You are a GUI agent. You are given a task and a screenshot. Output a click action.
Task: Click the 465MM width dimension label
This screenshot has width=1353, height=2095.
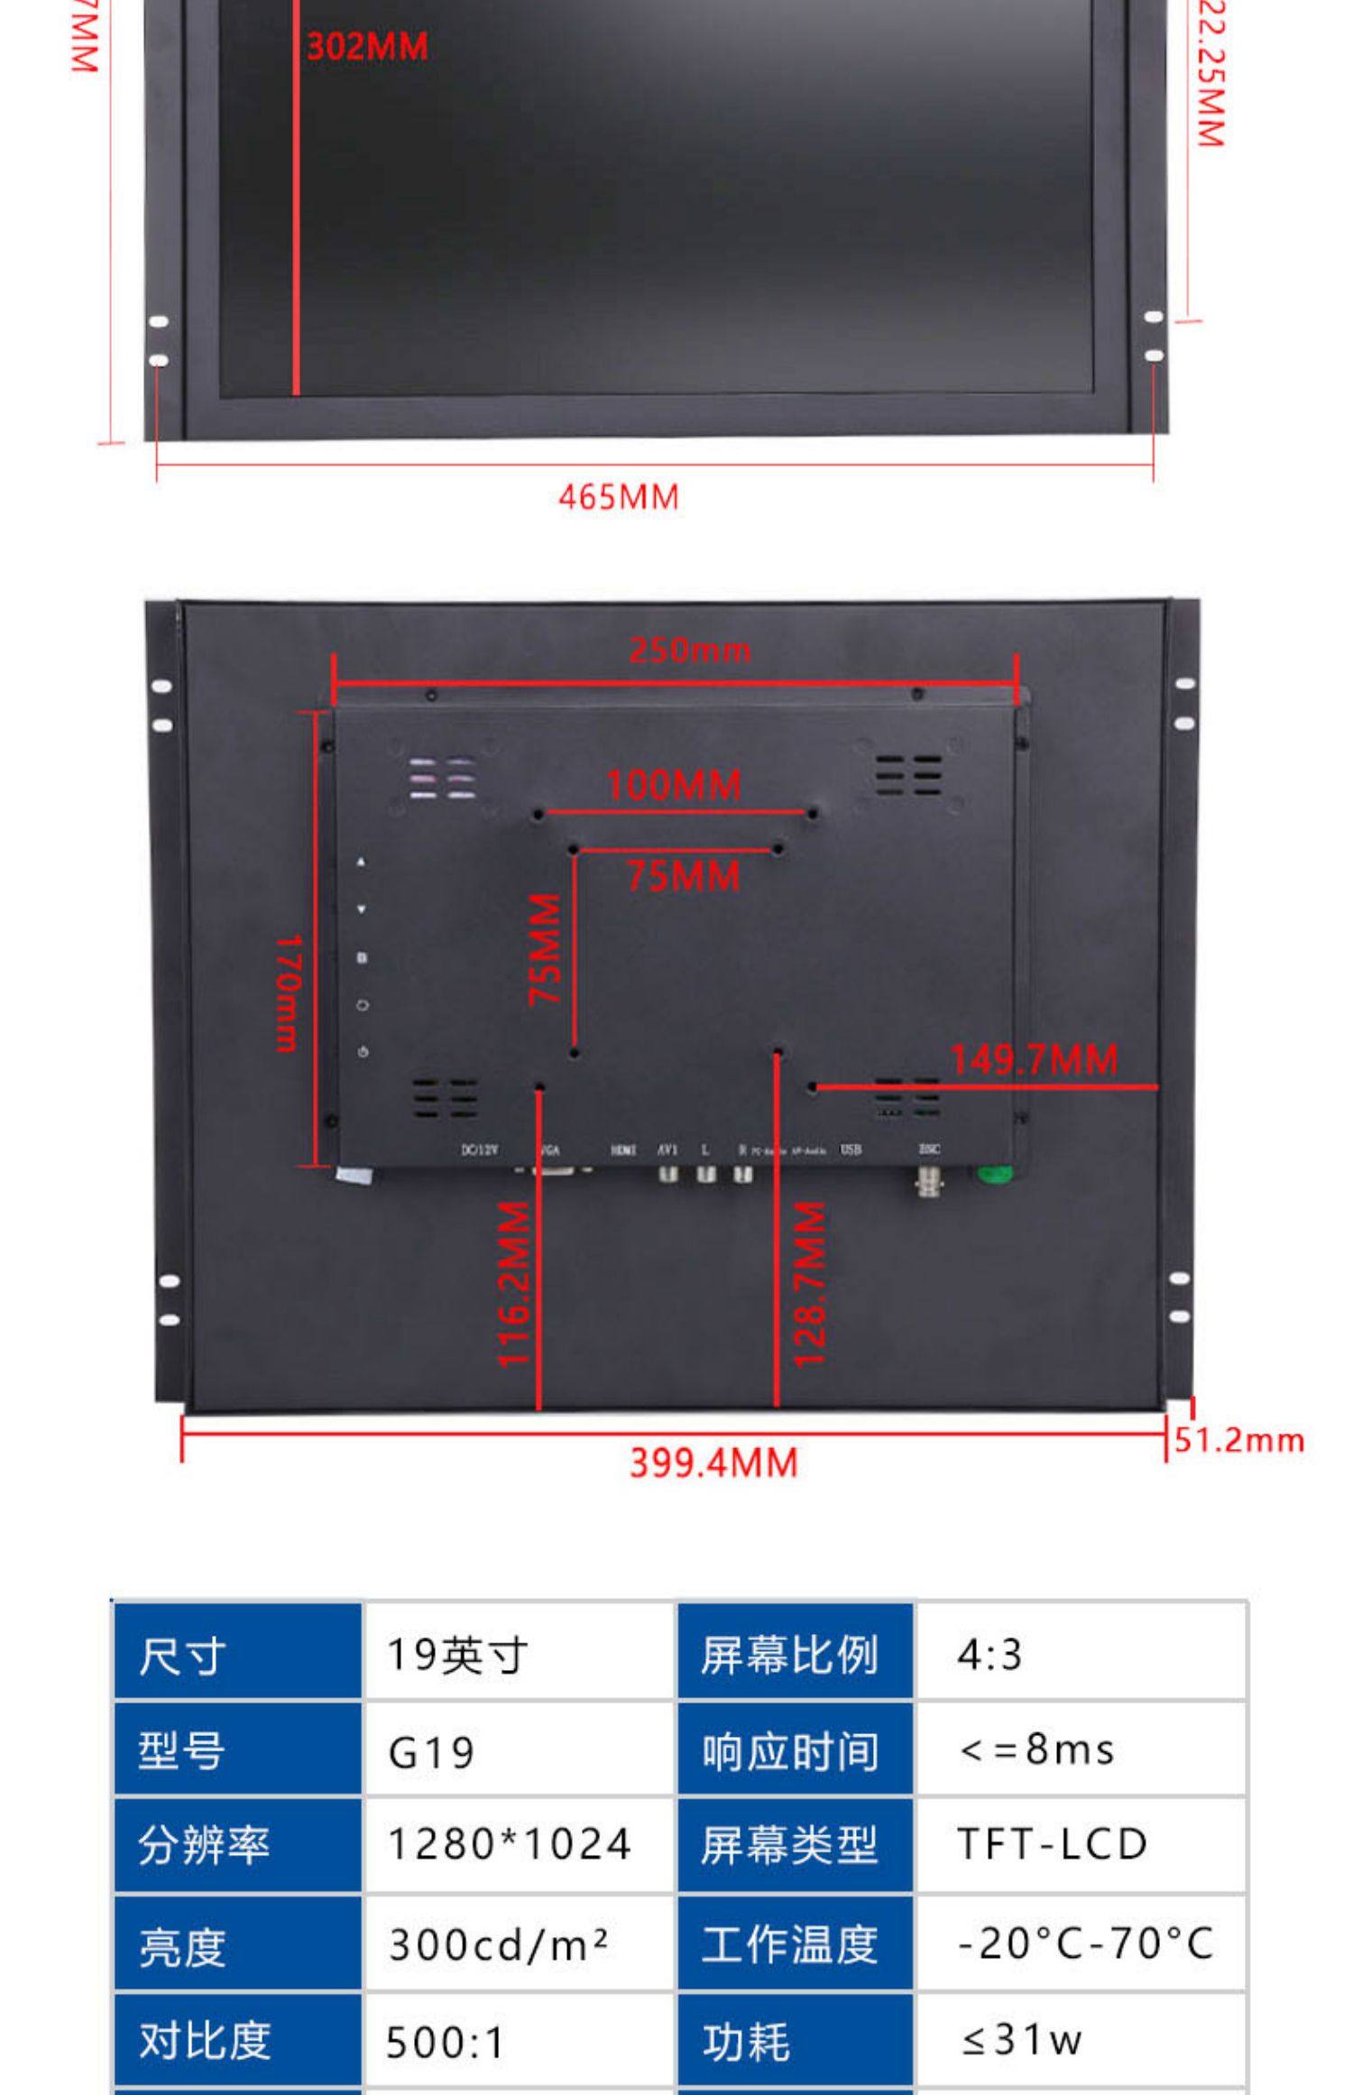click(x=618, y=497)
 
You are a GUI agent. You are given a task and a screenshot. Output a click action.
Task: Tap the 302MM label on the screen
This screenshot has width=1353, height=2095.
click(x=367, y=47)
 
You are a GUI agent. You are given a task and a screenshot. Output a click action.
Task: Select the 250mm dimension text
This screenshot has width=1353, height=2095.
click(x=690, y=650)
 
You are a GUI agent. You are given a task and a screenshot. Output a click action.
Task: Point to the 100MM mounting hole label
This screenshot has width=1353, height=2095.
click(x=674, y=785)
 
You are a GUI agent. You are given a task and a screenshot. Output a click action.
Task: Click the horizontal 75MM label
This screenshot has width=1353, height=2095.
click(x=683, y=876)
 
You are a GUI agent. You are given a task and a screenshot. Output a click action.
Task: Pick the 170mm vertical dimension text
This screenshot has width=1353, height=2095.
click(x=288, y=992)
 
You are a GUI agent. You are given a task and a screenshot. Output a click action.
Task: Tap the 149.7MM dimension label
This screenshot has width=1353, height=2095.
click(x=1034, y=1059)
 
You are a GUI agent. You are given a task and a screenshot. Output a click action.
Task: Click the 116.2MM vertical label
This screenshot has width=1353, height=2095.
click(x=515, y=1284)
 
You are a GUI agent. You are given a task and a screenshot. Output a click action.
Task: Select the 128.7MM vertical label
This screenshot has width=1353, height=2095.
click(x=809, y=1284)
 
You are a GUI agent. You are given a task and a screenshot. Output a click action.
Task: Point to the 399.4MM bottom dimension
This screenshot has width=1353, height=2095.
click(x=713, y=1463)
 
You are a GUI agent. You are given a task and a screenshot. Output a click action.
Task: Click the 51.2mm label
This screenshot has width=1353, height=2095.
click(x=1239, y=1440)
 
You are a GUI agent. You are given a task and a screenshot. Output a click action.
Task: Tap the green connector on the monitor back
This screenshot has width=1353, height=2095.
click(x=994, y=1173)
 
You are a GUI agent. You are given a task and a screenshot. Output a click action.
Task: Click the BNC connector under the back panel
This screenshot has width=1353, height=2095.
click(x=926, y=1179)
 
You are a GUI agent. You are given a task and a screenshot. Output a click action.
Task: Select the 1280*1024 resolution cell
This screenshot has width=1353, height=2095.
click(x=510, y=1844)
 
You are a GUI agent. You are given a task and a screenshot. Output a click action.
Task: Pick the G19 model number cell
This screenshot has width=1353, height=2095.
click(x=431, y=1753)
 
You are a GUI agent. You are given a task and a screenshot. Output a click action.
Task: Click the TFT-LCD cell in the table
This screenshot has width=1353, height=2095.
click(x=1052, y=1844)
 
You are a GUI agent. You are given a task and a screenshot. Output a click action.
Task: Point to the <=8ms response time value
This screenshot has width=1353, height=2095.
click(x=1037, y=1750)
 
